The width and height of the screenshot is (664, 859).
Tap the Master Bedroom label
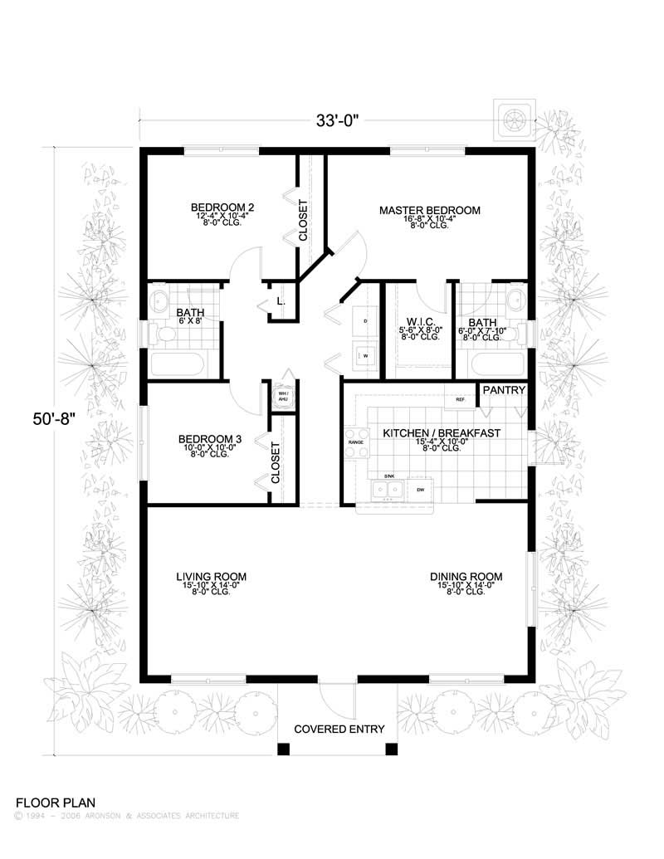429,210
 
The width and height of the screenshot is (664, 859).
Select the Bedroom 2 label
222,207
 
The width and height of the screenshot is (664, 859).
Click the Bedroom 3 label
210,440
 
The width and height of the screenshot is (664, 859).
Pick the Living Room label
211,577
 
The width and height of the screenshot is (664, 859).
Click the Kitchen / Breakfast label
441,433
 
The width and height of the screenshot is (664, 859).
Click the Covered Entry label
339,730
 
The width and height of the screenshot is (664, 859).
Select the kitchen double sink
388,490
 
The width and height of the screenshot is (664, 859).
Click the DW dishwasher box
420,490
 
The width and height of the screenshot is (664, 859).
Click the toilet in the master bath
518,334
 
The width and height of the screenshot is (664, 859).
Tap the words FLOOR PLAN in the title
56,803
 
